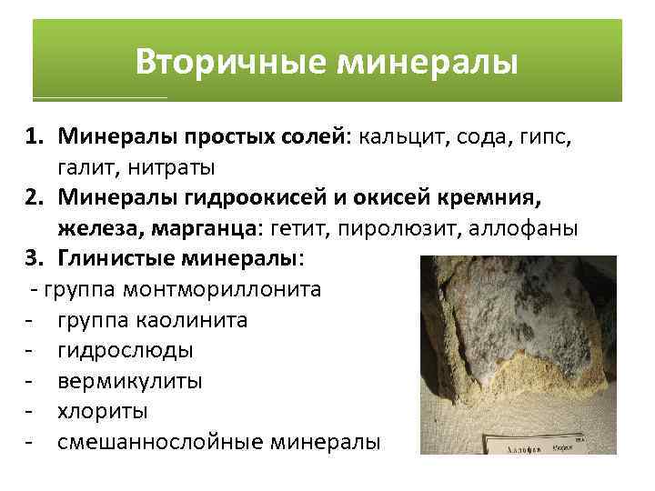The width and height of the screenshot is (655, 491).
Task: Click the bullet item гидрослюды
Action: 124,350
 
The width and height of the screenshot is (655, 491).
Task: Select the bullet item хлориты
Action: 102,411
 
